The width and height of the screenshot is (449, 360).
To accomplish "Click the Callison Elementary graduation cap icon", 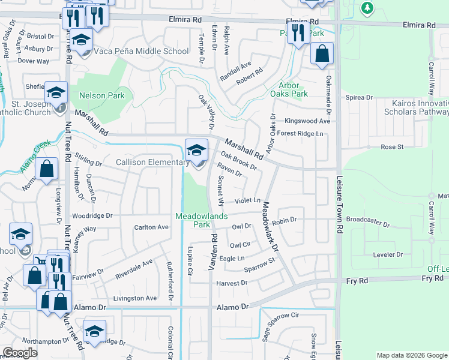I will click(196, 150).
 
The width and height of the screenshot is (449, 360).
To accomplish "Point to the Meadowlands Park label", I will click(193, 220).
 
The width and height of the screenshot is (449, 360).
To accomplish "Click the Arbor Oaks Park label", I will click(289, 89).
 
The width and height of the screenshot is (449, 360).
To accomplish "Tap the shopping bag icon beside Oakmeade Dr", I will click(322, 54).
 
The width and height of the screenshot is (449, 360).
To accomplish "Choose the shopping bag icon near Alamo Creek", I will click(46, 169).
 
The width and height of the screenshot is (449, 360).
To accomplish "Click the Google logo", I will click(20, 353).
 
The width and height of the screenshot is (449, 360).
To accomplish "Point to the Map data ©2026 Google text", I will click(412, 355).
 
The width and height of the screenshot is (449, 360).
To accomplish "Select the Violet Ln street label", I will click(248, 200).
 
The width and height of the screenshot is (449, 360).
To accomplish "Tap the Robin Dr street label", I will click(285, 221).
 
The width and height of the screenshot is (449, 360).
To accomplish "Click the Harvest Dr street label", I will click(231, 283).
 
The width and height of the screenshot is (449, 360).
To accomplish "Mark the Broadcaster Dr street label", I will click(369, 220).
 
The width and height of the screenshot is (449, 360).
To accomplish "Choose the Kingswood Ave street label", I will click(307, 121).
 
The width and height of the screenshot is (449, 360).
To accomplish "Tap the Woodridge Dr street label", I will click(92, 215).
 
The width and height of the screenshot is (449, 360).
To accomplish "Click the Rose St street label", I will click(391, 147).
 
